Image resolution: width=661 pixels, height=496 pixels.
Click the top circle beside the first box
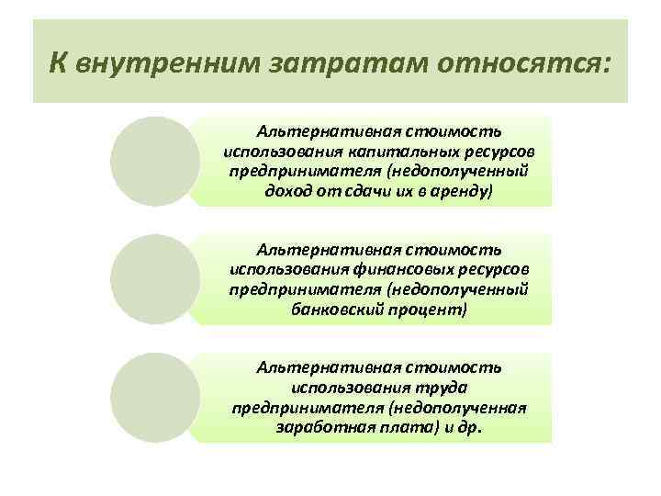tap(151, 160)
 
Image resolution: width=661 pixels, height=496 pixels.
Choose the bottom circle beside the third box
tap(151, 396)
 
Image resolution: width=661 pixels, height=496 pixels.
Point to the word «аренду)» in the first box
tap(465, 192)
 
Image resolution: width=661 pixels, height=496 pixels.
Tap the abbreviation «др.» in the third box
tap(470, 428)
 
